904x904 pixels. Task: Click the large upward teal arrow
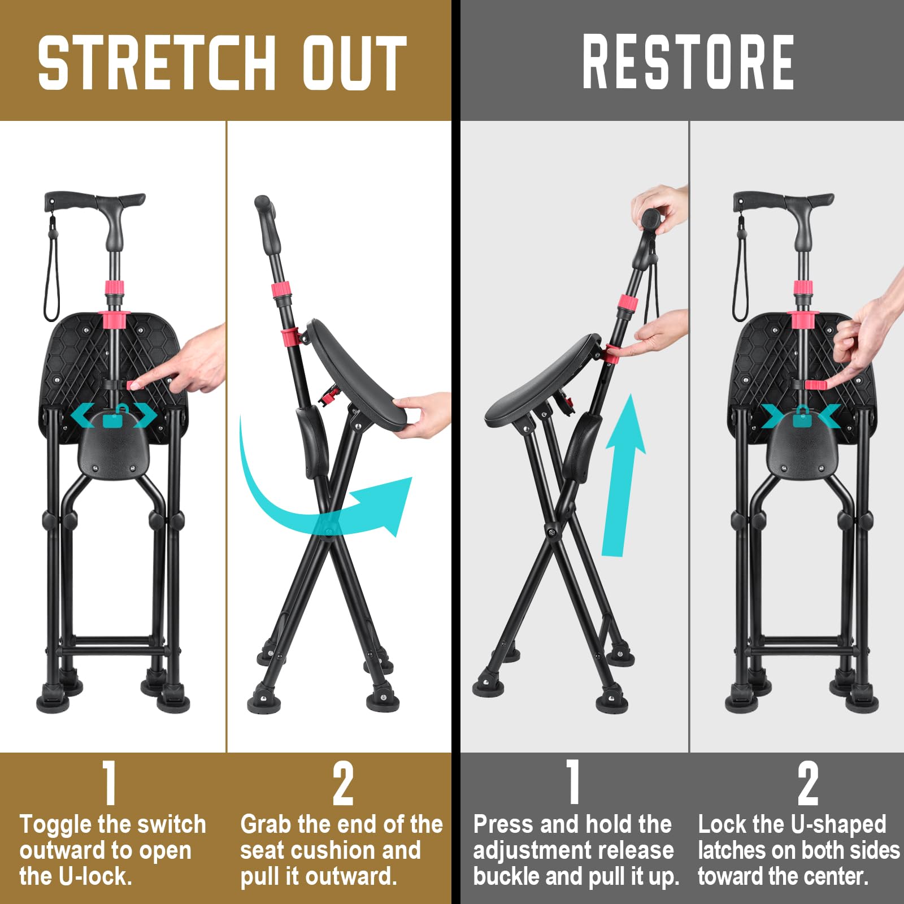[624, 475]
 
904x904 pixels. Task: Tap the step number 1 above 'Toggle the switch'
[109, 783]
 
